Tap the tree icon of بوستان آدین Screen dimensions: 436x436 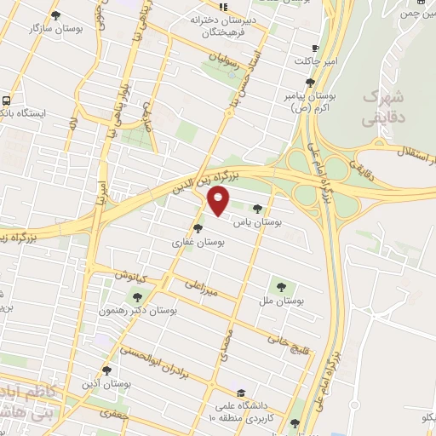point(106,370)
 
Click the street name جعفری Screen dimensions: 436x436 point(110,413)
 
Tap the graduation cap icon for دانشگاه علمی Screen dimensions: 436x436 point(243,394)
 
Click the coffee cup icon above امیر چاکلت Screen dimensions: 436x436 point(316,49)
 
